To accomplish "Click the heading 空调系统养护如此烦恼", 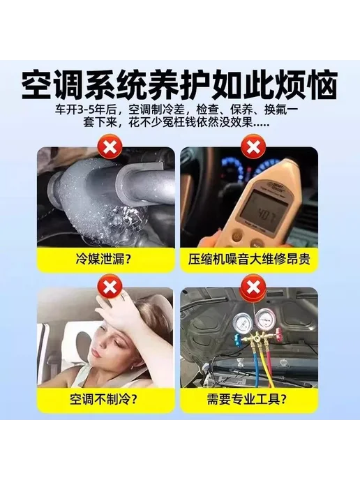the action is (180, 85).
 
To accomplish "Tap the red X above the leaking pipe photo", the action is (110, 148).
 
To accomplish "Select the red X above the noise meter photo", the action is (253, 148).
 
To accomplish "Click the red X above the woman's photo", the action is (110, 287).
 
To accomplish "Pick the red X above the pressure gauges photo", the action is (253, 287).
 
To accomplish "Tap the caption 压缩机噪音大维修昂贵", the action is (249, 260).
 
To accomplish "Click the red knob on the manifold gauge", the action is (278, 333).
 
